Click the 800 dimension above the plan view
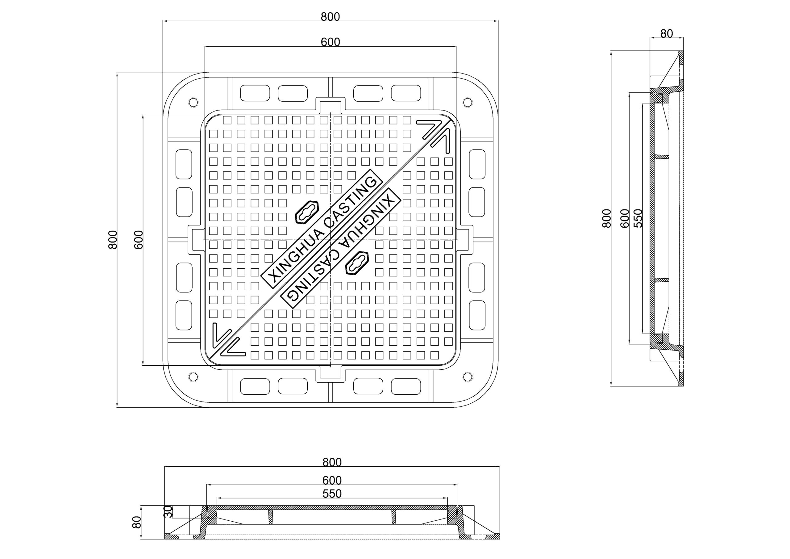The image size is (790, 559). pos(330,17)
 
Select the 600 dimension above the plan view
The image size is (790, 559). pos(330,42)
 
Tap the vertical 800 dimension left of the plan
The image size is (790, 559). pos(113,240)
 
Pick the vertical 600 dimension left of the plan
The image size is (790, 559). pos(138,240)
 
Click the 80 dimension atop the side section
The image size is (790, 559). pos(667,34)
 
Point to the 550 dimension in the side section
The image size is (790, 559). pos(638,218)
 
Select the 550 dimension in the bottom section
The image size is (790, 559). pos(332,494)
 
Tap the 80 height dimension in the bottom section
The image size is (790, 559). pos(137,522)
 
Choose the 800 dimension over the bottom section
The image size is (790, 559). pos(332,462)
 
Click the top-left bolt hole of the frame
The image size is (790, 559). pos(193,102)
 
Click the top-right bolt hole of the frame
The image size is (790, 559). pos(467,102)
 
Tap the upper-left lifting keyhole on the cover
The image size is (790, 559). pos(307,212)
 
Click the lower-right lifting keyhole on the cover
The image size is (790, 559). pos(357,263)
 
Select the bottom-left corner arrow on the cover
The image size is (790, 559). pos(229,340)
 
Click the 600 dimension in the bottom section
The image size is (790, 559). pos(332,480)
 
